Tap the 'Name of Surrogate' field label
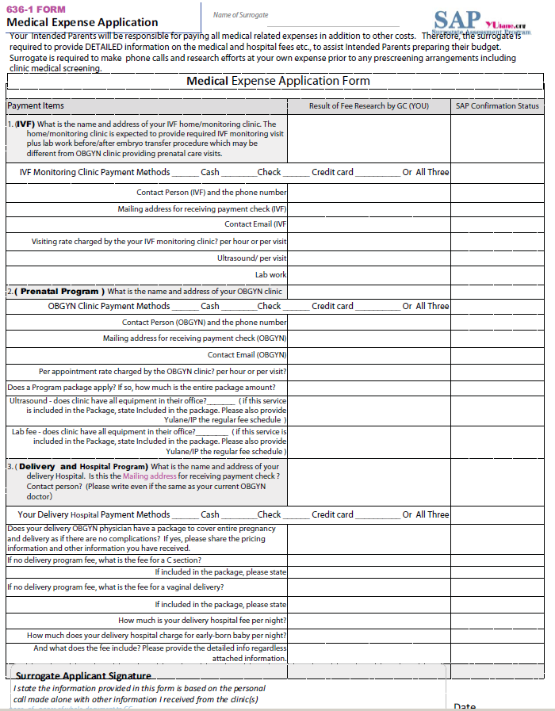pyautogui.click(x=240, y=15)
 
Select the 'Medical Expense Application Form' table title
pyautogui.click(x=277, y=82)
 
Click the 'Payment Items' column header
pyautogui.click(x=36, y=106)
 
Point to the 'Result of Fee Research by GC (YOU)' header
pyautogui.click(x=369, y=106)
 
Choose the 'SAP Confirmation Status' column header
pyautogui.click(x=497, y=106)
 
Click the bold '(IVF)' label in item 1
pyautogui.click(x=25, y=124)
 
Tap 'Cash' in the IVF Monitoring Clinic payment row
pyautogui.click(x=210, y=172)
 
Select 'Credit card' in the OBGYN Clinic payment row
pyautogui.click(x=332, y=306)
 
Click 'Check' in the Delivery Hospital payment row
pyautogui.click(x=270, y=514)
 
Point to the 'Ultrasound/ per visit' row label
pyautogui.click(x=252, y=258)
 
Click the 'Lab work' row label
pyautogui.click(x=270, y=275)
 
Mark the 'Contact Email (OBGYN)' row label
pyautogui.click(x=247, y=355)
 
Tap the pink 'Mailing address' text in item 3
pyautogui.click(x=149, y=476)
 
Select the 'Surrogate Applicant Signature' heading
pyautogui.click(x=83, y=676)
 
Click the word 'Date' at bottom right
pyautogui.click(x=465, y=706)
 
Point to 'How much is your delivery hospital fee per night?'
pyautogui.click(x=202, y=621)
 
